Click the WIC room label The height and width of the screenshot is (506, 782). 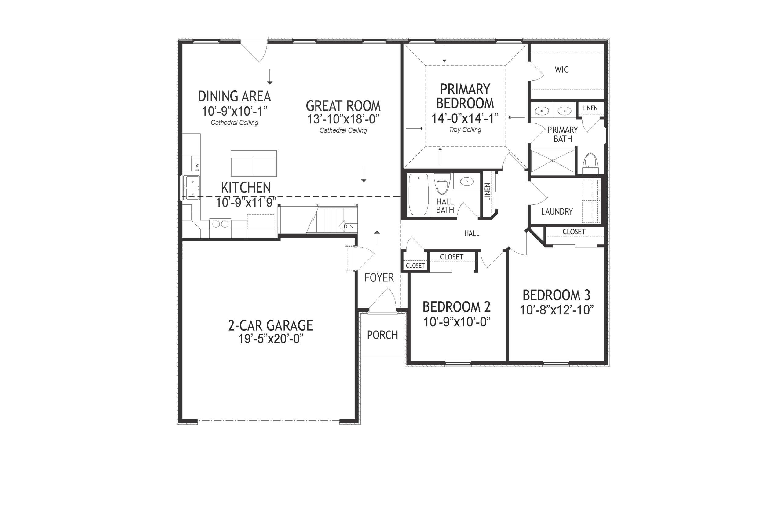(x=561, y=70)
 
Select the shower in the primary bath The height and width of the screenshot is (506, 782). (x=552, y=161)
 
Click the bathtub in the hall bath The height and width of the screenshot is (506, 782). (x=418, y=195)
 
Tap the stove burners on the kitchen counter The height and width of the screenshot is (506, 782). (x=220, y=224)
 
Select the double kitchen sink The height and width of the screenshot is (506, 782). (x=192, y=188)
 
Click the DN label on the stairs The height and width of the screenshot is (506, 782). (x=349, y=226)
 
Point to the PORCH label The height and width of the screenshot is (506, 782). (x=382, y=335)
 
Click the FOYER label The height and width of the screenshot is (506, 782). (x=379, y=278)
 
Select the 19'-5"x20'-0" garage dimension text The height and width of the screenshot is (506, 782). (x=270, y=339)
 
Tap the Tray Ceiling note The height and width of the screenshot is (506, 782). (x=465, y=130)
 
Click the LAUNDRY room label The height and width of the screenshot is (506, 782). (x=557, y=212)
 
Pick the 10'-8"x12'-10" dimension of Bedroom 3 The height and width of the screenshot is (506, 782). (x=556, y=310)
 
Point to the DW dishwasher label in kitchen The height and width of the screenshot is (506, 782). (x=197, y=167)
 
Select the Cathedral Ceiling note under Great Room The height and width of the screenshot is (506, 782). (x=343, y=130)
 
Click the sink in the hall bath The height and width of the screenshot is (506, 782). (x=467, y=182)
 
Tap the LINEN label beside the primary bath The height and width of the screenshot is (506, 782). (x=590, y=108)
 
